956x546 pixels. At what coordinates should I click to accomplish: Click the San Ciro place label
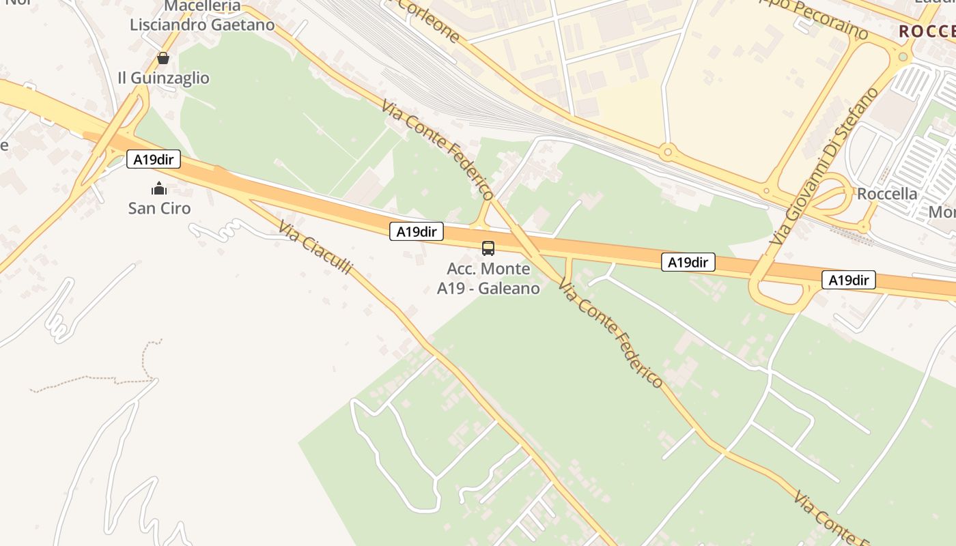pos(159,208)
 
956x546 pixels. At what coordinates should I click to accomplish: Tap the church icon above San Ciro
pos(159,188)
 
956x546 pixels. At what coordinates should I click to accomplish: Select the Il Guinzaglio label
pos(163,78)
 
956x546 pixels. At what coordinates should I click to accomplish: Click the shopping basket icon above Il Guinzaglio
pos(163,58)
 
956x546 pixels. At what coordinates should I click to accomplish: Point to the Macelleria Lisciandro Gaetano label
pos(203,16)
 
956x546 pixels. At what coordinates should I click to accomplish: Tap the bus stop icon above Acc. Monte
pos(488,248)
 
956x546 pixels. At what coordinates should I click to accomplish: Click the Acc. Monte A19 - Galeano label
pos(488,278)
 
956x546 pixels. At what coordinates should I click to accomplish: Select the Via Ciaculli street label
pos(316,246)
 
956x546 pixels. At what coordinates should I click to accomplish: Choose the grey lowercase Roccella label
pos(887,194)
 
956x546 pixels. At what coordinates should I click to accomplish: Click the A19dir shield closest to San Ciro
pos(154,160)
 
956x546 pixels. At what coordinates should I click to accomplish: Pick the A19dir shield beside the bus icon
pos(417,231)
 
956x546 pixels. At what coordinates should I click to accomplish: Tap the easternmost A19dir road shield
pos(848,280)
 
